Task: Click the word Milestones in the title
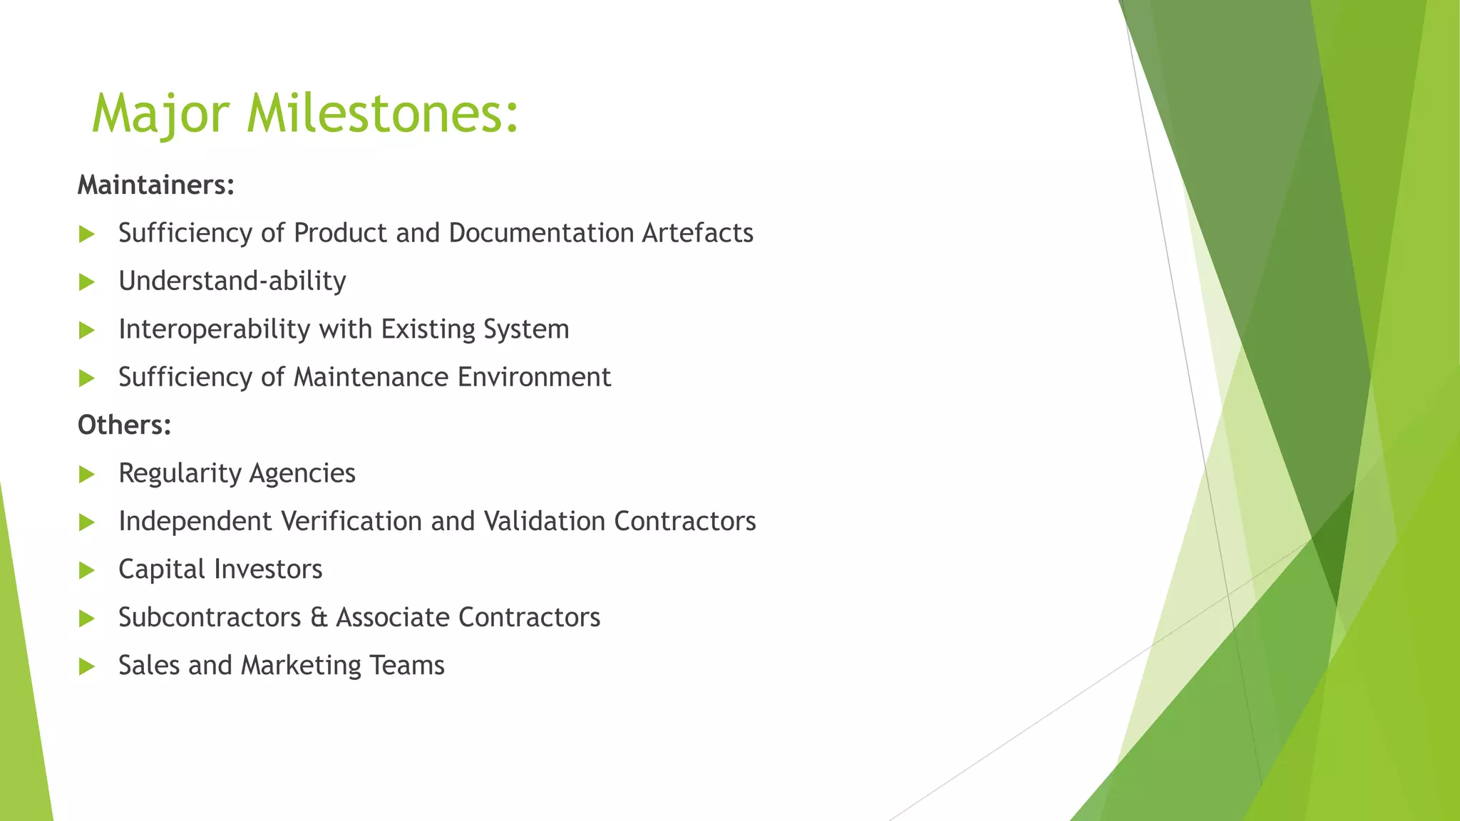(383, 114)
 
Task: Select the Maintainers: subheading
(156, 185)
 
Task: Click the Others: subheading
(125, 425)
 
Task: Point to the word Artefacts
(697, 233)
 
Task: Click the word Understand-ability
(232, 282)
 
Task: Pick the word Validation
(545, 521)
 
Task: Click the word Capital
(162, 569)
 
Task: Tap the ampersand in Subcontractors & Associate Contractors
(318, 617)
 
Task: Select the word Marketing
(301, 666)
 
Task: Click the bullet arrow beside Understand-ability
(87, 282)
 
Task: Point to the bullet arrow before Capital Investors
(87, 570)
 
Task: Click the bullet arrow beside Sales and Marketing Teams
(87, 666)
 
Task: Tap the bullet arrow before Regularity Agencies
(87, 474)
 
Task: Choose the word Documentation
(541, 233)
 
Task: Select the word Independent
(195, 521)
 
